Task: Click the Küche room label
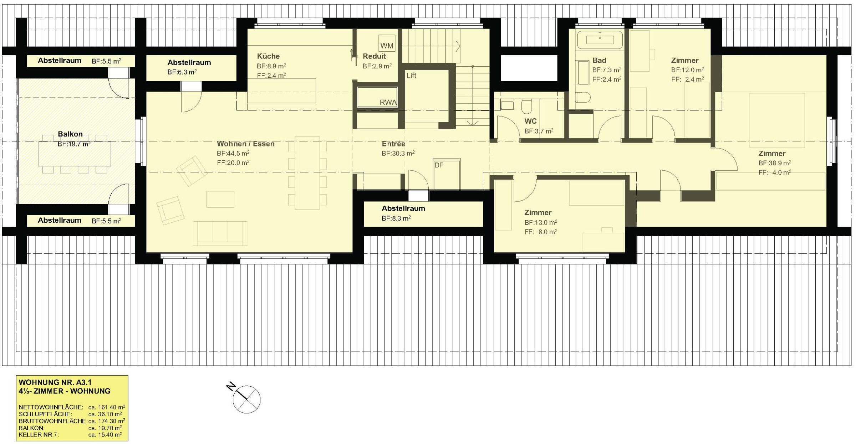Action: pos(268,56)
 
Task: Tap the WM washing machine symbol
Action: pos(387,43)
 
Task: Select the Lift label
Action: pos(411,76)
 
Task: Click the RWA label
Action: pos(388,103)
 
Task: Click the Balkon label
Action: pos(70,134)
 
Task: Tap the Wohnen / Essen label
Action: pos(246,144)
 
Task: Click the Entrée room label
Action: pos(393,144)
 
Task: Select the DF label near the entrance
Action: pos(439,165)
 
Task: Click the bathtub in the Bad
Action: pos(600,40)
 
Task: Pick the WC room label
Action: pos(530,121)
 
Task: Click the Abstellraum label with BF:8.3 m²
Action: pos(403,208)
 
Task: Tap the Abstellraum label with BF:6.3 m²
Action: pos(189,63)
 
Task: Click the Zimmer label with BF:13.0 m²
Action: pos(538,213)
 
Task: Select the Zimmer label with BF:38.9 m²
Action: pos(772,154)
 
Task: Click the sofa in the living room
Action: pos(220,233)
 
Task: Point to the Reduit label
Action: pos(374,56)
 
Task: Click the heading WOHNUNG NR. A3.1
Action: pos(55,382)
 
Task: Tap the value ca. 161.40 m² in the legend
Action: pos(107,407)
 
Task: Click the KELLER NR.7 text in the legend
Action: pos(39,435)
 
